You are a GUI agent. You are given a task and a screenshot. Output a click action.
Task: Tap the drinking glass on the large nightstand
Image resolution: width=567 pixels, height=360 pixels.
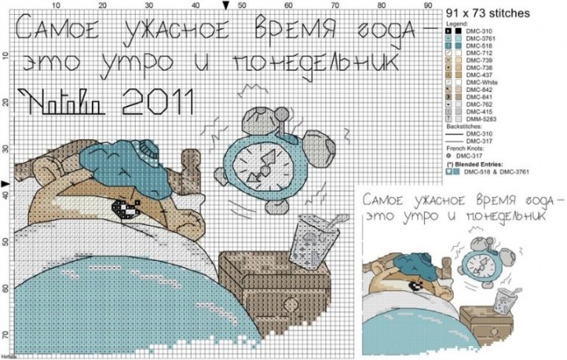pyautogui.click(x=309, y=242)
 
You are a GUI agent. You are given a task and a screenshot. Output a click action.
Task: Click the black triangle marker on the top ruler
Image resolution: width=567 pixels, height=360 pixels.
pyautogui.click(x=227, y=6)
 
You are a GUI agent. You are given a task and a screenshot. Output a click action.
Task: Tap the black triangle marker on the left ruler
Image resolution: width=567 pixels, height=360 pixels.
pyautogui.click(x=6, y=183)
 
